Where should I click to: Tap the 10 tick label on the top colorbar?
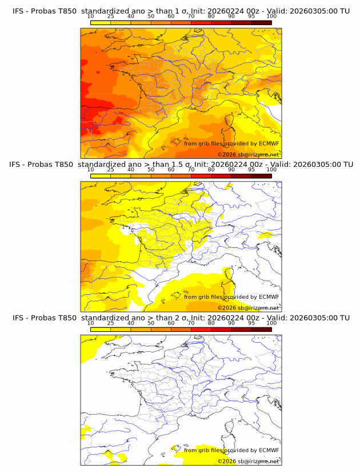coord(91,17)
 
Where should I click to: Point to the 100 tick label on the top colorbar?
coord(271,17)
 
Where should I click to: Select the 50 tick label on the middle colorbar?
coord(151,170)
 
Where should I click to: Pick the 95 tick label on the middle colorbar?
coord(251,170)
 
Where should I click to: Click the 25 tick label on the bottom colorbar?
coord(111,323)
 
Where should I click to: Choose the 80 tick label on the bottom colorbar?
coord(211,323)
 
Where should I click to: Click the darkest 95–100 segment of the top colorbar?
coord(262,23)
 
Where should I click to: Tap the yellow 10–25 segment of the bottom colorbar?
coord(101,329)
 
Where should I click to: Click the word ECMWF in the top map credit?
coord(269,143)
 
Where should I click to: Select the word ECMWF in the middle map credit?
coord(269,296)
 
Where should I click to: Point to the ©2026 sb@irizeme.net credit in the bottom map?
coord(248,461)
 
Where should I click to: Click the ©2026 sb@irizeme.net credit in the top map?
coord(248,155)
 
